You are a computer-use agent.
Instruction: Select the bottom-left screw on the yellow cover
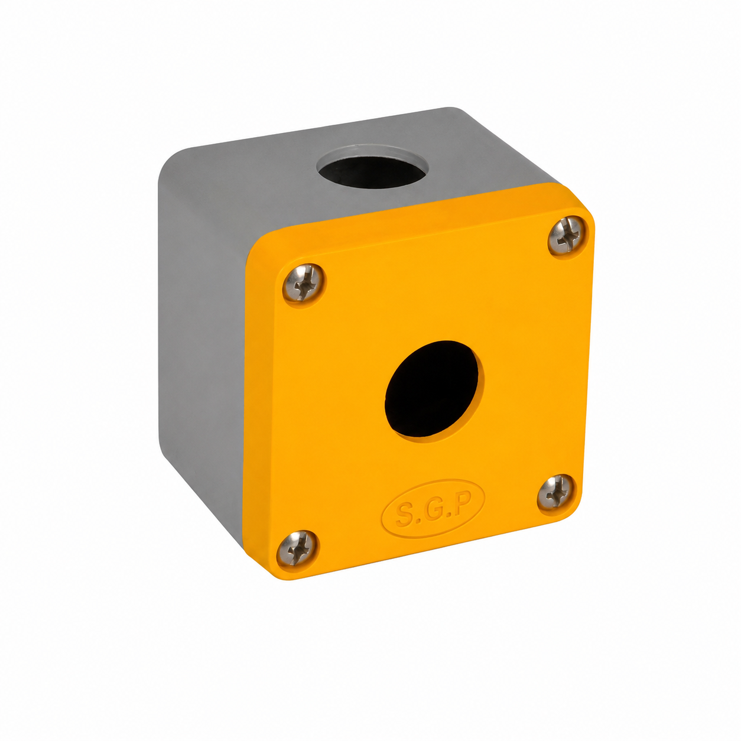pos(298,548)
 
